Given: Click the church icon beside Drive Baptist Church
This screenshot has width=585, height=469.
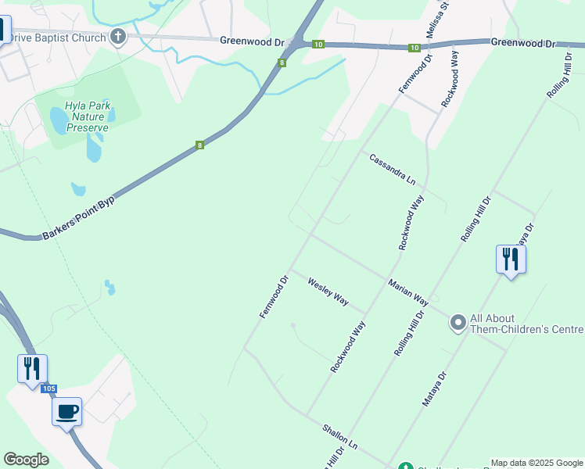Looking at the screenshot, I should pyautogui.click(x=118, y=37).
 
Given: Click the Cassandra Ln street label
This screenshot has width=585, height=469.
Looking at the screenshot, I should pyautogui.click(x=393, y=168).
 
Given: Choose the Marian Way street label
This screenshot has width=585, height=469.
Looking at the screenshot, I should pyautogui.click(x=408, y=290).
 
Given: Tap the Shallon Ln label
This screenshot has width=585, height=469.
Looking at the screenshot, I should pyautogui.click(x=339, y=436).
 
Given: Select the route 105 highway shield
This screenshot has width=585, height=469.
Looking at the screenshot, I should pyautogui.click(x=49, y=388).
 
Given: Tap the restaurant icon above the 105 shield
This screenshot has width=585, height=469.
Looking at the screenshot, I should pyautogui.click(x=32, y=367).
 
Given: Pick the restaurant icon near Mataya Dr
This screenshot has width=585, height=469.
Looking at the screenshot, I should pyautogui.click(x=511, y=259).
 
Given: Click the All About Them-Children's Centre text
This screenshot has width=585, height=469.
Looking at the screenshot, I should pyautogui.click(x=526, y=324).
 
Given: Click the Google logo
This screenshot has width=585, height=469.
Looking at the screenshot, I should pyautogui.click(x=27, y=460).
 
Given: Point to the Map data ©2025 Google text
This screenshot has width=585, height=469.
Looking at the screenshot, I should pyautogui.click(x=537, y=463).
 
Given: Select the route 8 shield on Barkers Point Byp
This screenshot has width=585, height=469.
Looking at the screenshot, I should pyautogui.click(x=199, y=145).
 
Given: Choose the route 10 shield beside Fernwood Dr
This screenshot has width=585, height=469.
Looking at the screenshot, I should pyautogui.click(x=413, y=48).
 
